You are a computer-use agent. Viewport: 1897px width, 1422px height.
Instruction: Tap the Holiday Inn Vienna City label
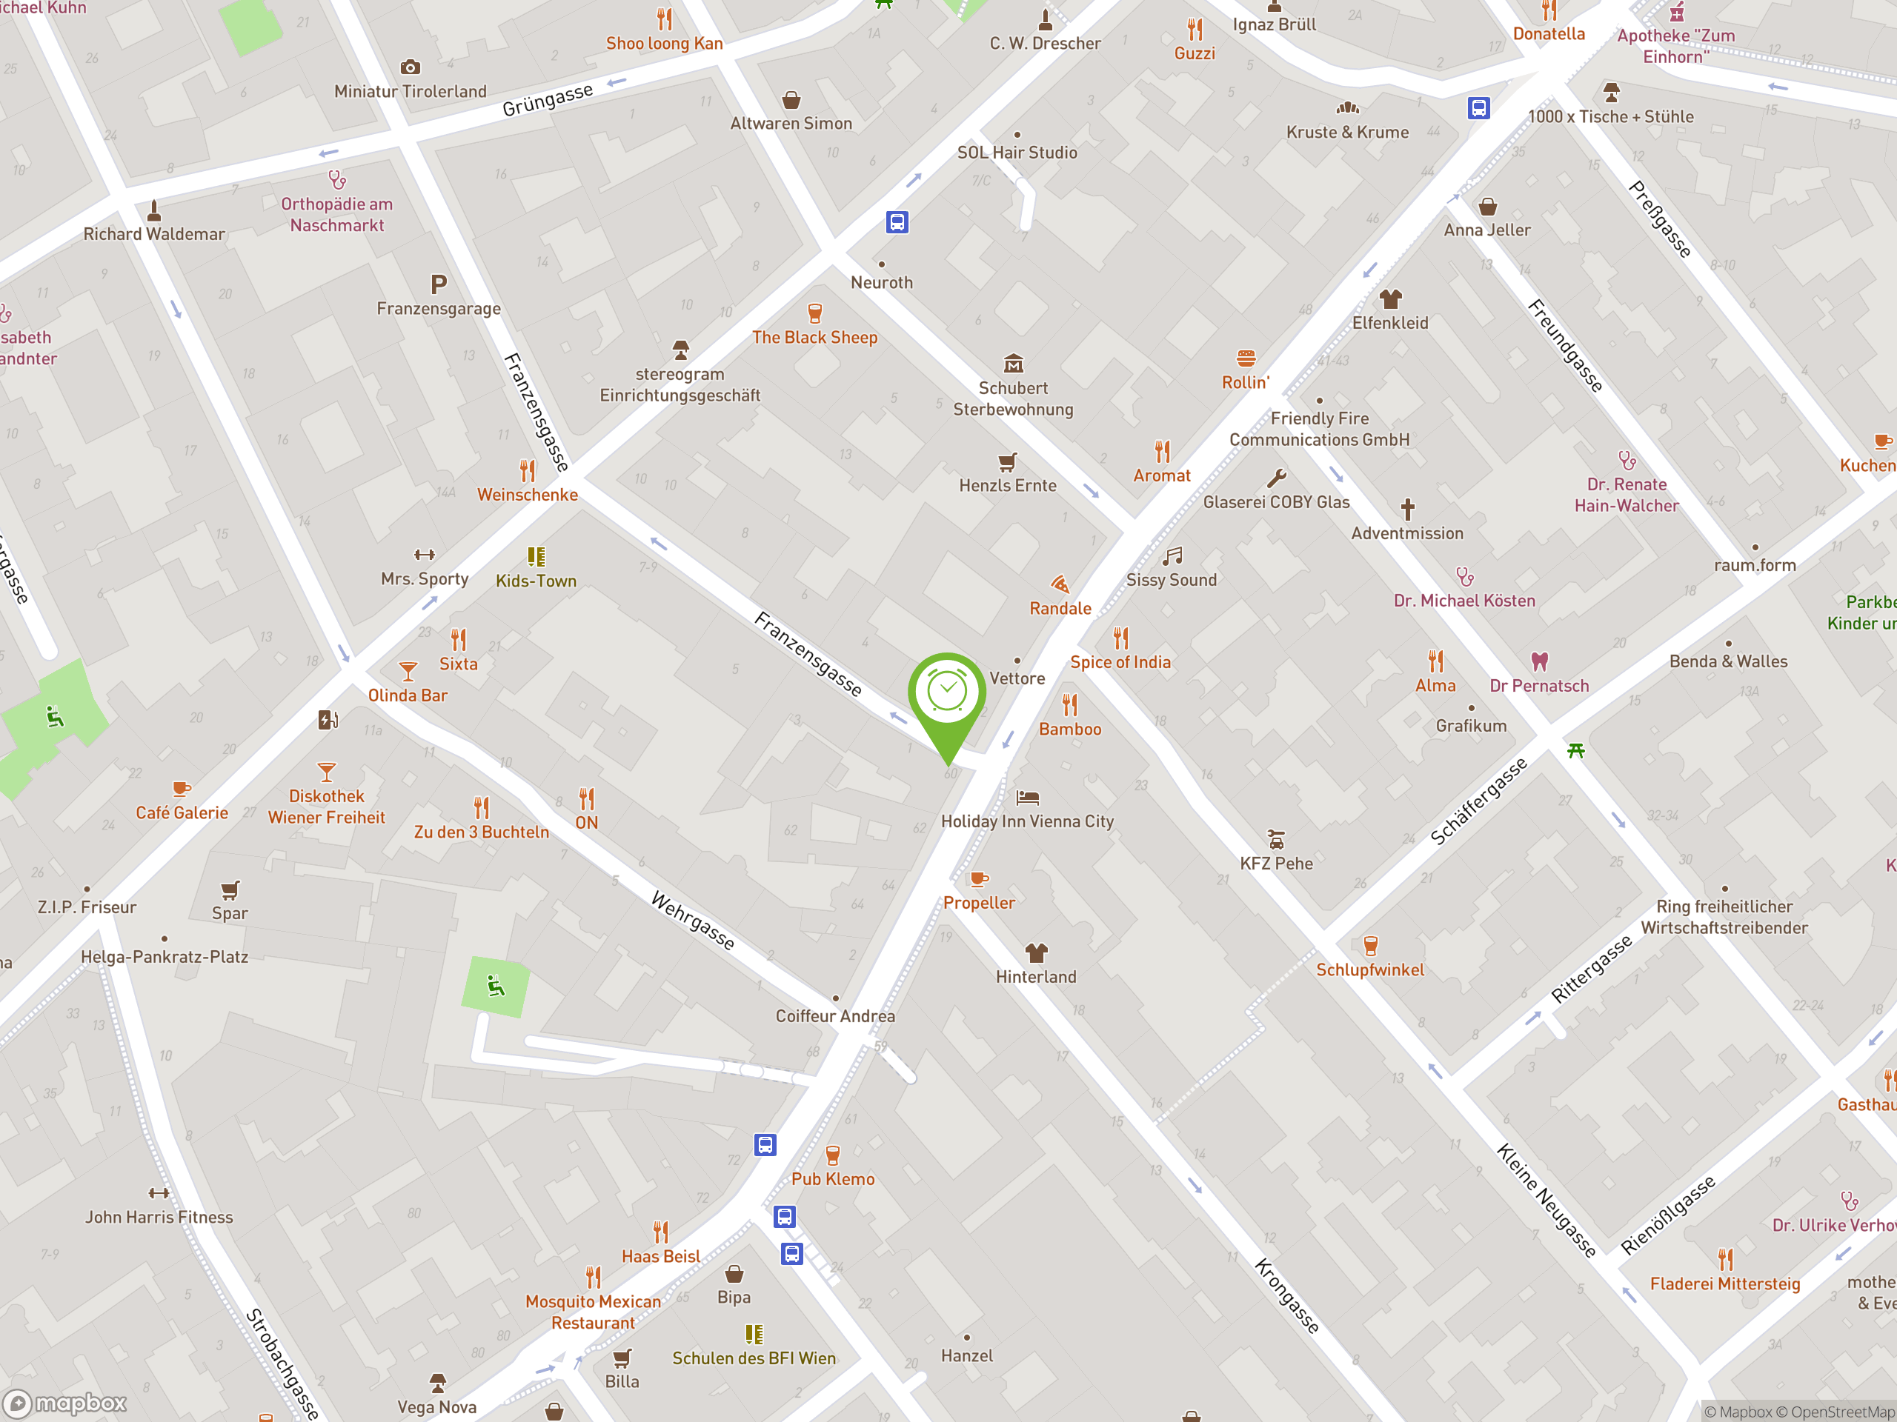1027,821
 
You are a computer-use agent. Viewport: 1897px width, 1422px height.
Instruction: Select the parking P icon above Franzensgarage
438,284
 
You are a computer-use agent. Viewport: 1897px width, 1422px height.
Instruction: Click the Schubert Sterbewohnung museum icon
1014,364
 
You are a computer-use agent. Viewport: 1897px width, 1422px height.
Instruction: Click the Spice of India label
1120,661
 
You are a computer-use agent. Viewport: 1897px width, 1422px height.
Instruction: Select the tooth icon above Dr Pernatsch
1539,661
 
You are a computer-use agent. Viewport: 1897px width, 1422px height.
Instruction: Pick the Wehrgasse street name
693,921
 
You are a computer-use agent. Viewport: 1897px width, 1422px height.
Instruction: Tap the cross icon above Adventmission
1407,509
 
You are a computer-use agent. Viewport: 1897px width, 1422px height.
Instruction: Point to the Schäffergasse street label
1478,801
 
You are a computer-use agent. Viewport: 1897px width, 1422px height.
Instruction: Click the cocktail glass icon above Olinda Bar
408,671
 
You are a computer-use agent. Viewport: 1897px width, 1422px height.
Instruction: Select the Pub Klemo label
833,1178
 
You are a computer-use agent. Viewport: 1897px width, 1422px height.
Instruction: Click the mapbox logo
66,1403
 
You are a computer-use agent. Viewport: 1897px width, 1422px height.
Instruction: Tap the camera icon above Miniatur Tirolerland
411,67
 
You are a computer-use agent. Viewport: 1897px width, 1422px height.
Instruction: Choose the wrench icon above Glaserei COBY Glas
1277,478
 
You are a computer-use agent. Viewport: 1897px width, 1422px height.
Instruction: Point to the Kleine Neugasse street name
1546,1200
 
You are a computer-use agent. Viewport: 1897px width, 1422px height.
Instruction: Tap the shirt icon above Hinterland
1036,952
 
